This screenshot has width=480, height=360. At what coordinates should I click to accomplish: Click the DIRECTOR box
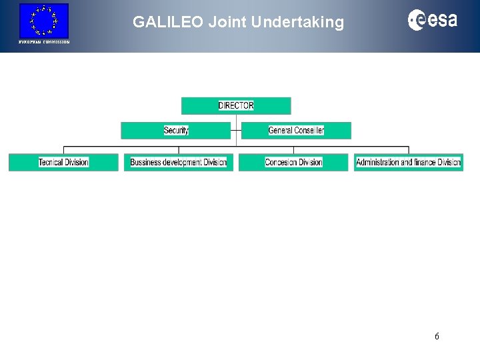[236, 106]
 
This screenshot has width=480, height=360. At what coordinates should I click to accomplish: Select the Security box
[176, 130]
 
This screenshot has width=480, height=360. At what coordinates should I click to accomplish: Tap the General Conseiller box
[296, 130]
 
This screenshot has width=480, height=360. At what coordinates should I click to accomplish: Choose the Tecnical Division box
[63, 162]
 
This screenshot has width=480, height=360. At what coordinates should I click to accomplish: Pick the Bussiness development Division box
[179, 162]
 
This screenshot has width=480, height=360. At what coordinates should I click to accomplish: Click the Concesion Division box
[293, 162]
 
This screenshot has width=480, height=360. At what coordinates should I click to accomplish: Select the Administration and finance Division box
[408, 162]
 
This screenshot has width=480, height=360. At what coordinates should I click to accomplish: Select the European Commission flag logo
[44, 20]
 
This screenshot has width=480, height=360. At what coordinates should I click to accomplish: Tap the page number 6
[437, 336]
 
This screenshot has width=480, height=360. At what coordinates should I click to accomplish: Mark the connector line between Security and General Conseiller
[236, 130]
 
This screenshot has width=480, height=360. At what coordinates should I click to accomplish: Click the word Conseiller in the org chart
[309, 130]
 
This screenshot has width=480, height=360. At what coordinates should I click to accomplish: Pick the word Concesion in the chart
[281, 162]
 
